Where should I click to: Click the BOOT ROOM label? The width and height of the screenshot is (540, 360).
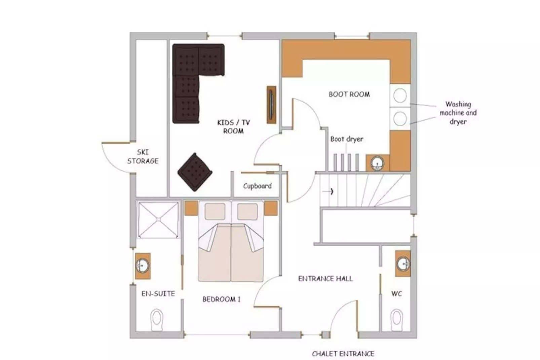coord(349,95)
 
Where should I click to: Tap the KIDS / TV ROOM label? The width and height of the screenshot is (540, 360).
coord(233,127)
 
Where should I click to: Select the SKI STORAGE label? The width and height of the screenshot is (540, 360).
coord(143,156)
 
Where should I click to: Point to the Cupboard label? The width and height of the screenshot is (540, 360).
coord(257,186)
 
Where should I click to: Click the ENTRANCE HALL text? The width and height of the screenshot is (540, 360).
coord(325,279)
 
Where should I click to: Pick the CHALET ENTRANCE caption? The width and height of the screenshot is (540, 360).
coord(343,354)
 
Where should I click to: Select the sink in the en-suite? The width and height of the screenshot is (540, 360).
coord(143,266)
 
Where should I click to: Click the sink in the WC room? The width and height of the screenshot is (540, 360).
coord(402,263)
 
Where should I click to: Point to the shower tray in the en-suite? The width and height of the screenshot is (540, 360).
coord(158,220)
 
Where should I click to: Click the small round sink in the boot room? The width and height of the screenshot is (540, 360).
coord(377,164)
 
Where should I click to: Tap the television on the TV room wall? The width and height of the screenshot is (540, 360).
coord(271,105)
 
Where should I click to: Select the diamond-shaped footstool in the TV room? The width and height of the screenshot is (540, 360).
coord(195,172)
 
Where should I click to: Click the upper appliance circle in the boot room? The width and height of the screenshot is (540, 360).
coord(400,96)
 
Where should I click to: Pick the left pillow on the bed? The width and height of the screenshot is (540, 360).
coord(215,211)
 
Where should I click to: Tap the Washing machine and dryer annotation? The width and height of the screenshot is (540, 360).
coord(458,113)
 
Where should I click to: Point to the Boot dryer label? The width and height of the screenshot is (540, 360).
coord(347,139)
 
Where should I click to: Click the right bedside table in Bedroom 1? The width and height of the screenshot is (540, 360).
coord(271,208)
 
